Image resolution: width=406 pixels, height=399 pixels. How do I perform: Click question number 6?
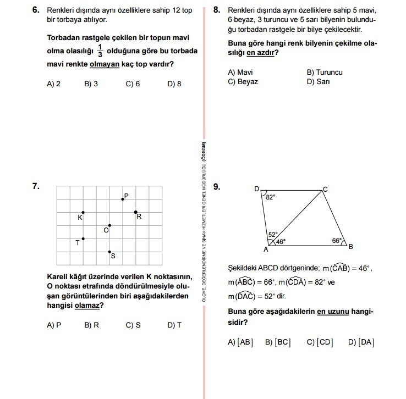36,10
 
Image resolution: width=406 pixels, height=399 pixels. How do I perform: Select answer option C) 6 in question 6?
133,84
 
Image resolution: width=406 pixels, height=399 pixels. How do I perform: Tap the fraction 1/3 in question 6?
100,51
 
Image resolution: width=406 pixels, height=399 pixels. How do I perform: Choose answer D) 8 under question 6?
174,84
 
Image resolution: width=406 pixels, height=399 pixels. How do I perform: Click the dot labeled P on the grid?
123,199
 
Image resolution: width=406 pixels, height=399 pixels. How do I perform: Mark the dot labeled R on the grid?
136,212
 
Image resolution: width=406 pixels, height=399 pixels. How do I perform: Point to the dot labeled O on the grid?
109,225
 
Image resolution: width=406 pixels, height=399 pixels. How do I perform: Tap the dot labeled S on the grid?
109,252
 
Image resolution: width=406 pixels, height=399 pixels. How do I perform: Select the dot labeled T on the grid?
83,239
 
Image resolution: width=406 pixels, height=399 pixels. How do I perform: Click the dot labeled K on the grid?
83,212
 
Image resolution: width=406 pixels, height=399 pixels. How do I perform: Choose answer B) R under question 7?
91,325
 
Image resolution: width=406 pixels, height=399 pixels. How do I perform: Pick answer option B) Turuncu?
324,72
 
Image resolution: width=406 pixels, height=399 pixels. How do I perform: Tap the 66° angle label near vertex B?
337,240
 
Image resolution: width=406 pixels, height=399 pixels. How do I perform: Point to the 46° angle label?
281,241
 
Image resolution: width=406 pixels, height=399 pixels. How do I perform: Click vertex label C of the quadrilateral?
325,189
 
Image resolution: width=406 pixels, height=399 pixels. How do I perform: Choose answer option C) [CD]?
320,342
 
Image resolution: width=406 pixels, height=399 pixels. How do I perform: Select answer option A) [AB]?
240,342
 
